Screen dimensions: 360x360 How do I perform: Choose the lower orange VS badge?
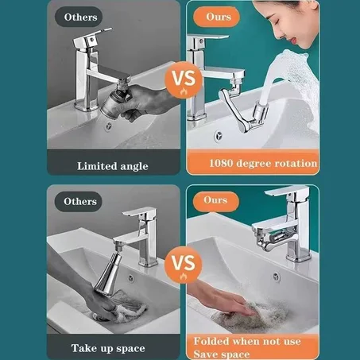pyautogui.click(x=180, y=262)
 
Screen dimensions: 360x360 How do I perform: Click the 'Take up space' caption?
pyautogui.click(x=110, y=348)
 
